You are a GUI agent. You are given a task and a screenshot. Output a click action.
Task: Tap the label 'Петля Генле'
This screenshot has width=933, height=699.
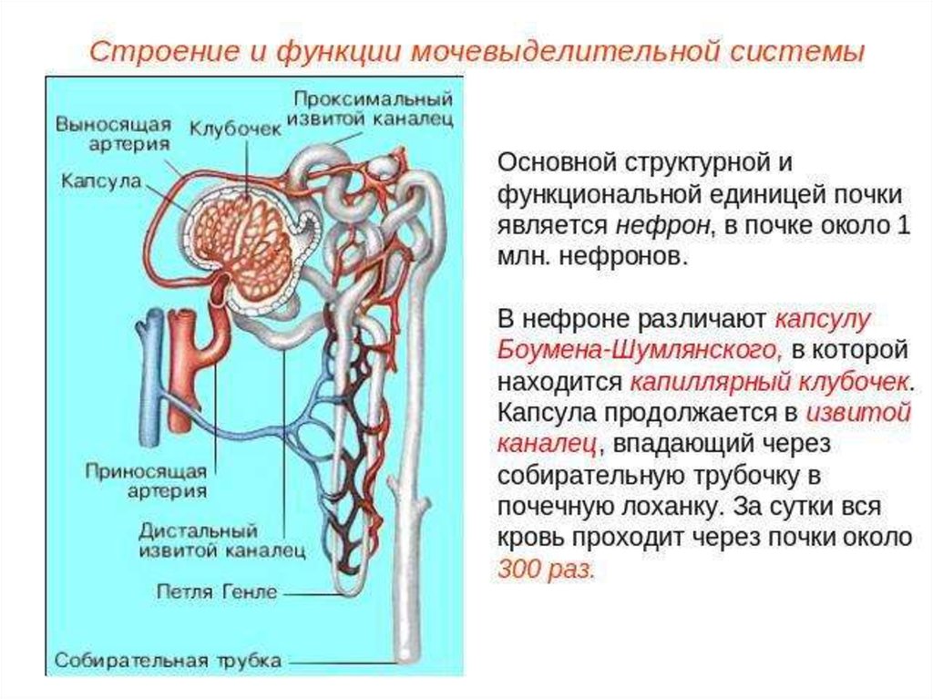coord(229,591)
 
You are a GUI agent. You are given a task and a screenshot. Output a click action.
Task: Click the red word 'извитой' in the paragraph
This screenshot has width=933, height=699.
coord(859,413)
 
